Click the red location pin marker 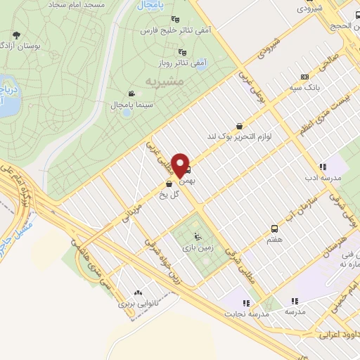181,165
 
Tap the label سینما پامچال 112,105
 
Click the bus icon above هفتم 274,229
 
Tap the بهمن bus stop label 186,181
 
